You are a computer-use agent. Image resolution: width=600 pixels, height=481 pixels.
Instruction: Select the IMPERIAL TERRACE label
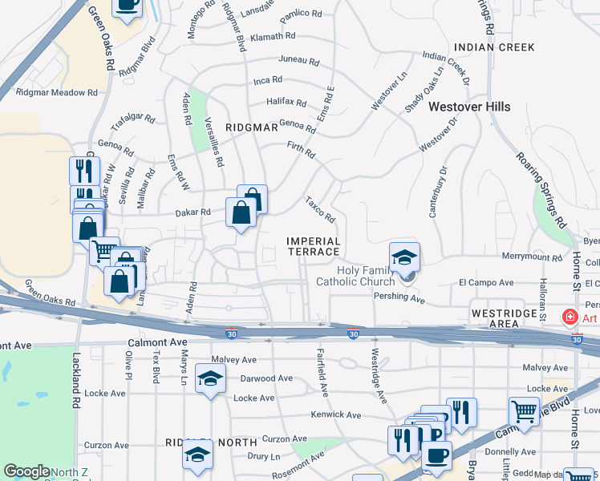point(314,246)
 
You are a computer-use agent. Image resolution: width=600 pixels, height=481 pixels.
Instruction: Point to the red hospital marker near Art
point(570,317)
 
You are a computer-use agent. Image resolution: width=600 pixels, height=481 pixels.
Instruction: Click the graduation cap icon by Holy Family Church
point(405,257)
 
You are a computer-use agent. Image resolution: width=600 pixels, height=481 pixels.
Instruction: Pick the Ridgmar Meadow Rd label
point(57,92)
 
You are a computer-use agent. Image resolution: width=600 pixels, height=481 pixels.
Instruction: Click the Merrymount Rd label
point(532,257)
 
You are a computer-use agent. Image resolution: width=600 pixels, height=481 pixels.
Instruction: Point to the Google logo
point(26,471)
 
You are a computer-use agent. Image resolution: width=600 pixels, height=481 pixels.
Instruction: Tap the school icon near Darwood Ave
point(210,378)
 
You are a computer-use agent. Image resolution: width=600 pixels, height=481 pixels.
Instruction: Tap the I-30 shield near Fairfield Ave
point(352,333)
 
